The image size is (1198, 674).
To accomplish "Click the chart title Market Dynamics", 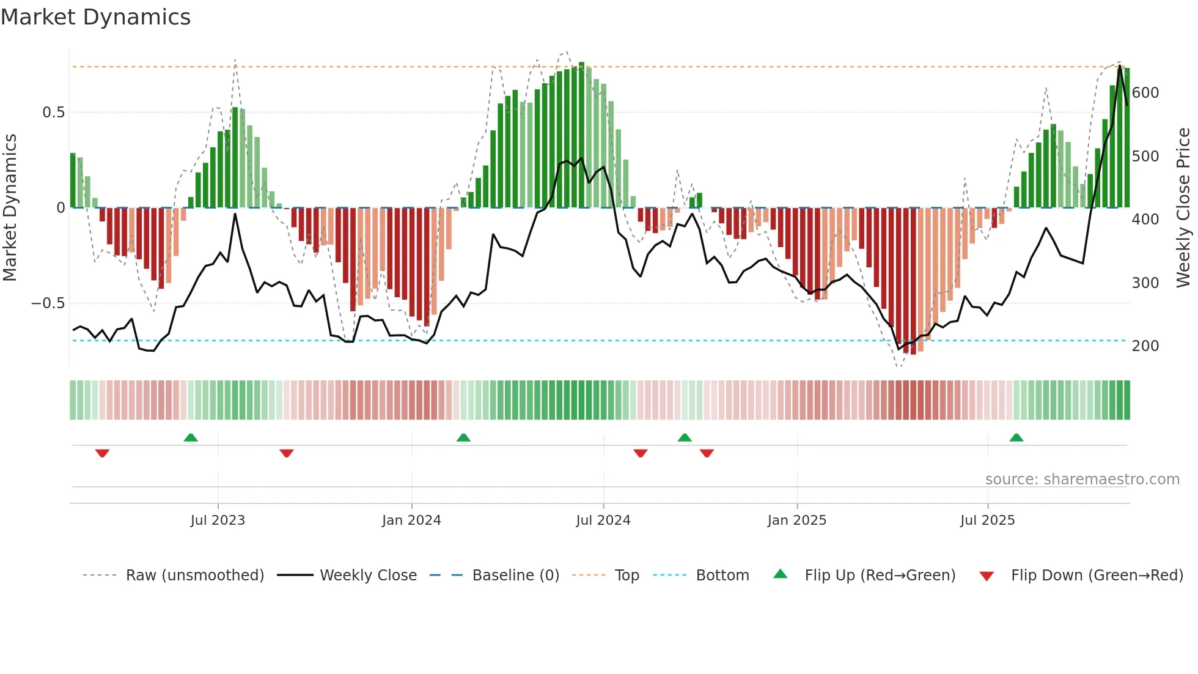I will pyautogui.click(x=96, y=17).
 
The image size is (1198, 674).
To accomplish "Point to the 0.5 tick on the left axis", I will pyautogui.click(x=53, y=113).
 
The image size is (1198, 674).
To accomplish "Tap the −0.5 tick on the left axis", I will pyautogui.click(x=48, y=303).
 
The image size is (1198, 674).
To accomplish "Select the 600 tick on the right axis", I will pyautogui.click(x=1145, y=93).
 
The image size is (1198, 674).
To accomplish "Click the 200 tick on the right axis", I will pyautogui.click(x=1145, y=346).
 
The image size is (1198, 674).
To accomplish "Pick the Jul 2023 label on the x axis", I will pyautogui.click(x=218, y=520).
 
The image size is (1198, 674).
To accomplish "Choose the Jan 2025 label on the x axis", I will pyautogui.click(x=797, y=520).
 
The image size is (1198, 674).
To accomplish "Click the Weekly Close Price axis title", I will pyautogui.click(x=1183, y=208).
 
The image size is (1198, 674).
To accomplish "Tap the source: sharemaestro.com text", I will pyautogui.click(x=1082, y=480).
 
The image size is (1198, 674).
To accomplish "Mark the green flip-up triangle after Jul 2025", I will pyautogui.click(x=1016, y=438).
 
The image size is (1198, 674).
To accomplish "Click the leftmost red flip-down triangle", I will pyautogui.click(x=102, y=453).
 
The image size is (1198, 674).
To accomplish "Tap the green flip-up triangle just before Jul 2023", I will pyautogui.click(x=191, y=438).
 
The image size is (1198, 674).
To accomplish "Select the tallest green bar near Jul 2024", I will pyautogui.click(x=582, y=135).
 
